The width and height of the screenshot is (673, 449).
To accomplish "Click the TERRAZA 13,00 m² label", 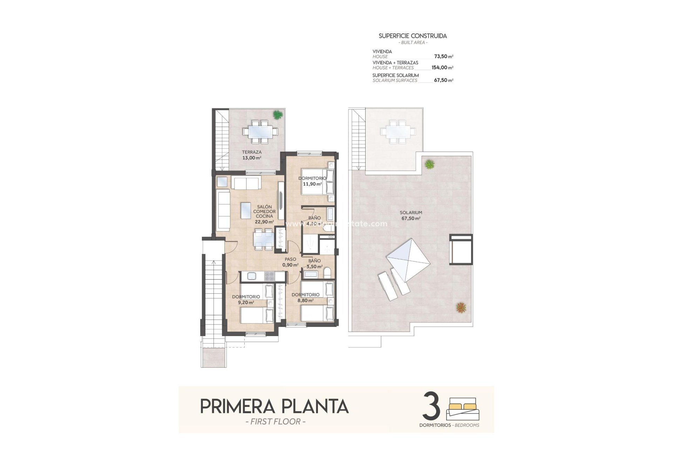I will coord(252,155).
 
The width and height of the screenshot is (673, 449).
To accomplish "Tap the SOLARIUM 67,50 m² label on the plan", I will coord(411,215).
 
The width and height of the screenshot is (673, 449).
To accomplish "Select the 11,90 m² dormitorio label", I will coord(312,181).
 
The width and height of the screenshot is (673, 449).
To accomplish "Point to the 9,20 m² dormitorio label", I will coord(246,299).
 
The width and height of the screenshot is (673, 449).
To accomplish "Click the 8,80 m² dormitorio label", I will coord(305,297).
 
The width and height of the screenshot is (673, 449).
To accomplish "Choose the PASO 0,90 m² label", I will coord(290,262).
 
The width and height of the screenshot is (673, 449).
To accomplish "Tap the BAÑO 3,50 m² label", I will coord(314,263).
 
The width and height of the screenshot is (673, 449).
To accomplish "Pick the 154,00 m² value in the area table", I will coord(442,68).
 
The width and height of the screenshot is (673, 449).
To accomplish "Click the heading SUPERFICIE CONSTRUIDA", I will coord(413,36).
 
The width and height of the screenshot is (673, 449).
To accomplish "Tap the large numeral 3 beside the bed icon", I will coord(431,406).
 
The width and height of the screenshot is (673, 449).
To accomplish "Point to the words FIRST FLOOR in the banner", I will coord(276,422).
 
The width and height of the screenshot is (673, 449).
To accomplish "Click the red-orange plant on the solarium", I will coord(461,308).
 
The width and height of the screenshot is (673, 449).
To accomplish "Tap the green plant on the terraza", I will coord(277,115).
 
